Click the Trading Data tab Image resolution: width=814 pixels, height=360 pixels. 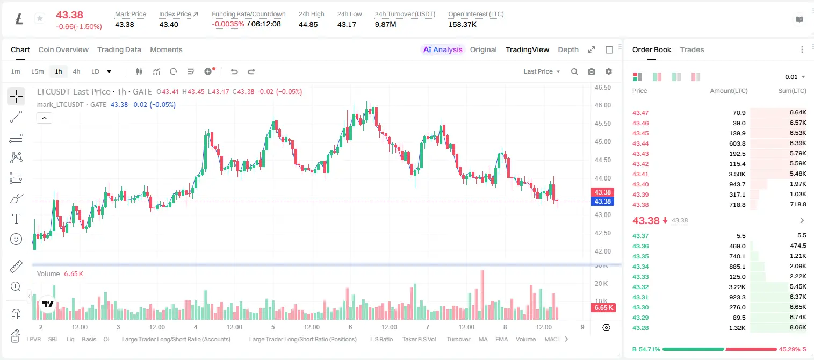(119, 49)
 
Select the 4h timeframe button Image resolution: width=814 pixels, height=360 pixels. (76, 71)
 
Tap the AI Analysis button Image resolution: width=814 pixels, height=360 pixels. (443, 49)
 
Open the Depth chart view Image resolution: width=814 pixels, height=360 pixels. (568, 49)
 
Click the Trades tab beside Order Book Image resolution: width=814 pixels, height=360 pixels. (692, 49)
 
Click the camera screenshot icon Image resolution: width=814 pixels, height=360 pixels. (592, 71)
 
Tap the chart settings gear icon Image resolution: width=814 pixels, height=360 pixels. (609, 71)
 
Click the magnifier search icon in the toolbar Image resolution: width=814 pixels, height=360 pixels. (574, 71)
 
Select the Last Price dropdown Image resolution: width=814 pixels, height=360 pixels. (542, 71)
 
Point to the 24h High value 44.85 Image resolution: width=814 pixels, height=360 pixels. (308, 24)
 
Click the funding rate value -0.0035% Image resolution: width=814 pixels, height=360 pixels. (228, 24)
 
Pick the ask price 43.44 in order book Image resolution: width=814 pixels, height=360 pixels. (640, 143)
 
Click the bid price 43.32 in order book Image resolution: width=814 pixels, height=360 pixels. (640, 287)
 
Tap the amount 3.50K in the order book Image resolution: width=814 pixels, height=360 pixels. (737, 174)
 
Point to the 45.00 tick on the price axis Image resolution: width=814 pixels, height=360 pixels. (602, 142)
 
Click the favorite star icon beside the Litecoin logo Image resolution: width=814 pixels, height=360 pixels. (40, 18)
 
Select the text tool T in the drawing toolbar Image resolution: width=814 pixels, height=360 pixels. (16, 219)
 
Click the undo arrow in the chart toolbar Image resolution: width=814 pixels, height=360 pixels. (234, 71)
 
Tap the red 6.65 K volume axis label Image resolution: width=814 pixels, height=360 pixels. (603, 308)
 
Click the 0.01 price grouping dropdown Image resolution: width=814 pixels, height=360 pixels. (795, 77)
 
